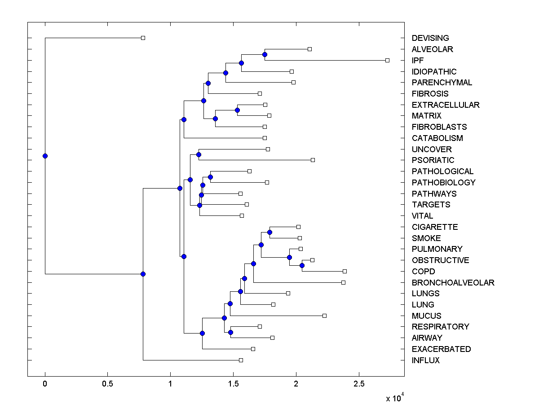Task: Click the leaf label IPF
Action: pos(418,60)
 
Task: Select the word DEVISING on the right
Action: pos(430,38)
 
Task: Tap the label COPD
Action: pos(423,271)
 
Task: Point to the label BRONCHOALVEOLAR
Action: pos(453,282)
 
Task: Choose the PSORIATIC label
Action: pos(433,160)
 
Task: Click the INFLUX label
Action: pos(425,360)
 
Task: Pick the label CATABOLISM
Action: pos(437,138)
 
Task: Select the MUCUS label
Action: pos(426,316)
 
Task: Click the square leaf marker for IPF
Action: pos(388,60)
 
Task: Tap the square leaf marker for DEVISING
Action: pos(143,38)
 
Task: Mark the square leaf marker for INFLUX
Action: pos(241,360)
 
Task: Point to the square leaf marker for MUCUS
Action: pos(324,316)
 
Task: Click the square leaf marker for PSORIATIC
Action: pos(313,160)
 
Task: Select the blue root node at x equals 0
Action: pos(45,156)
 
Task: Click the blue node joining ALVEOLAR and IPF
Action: pos(265,54)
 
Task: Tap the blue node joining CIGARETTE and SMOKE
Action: pos(269,232)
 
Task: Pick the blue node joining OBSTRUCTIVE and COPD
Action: pos(302,265)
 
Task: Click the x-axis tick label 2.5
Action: pos(358,384)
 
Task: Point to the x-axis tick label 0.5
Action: pos(107,384)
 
